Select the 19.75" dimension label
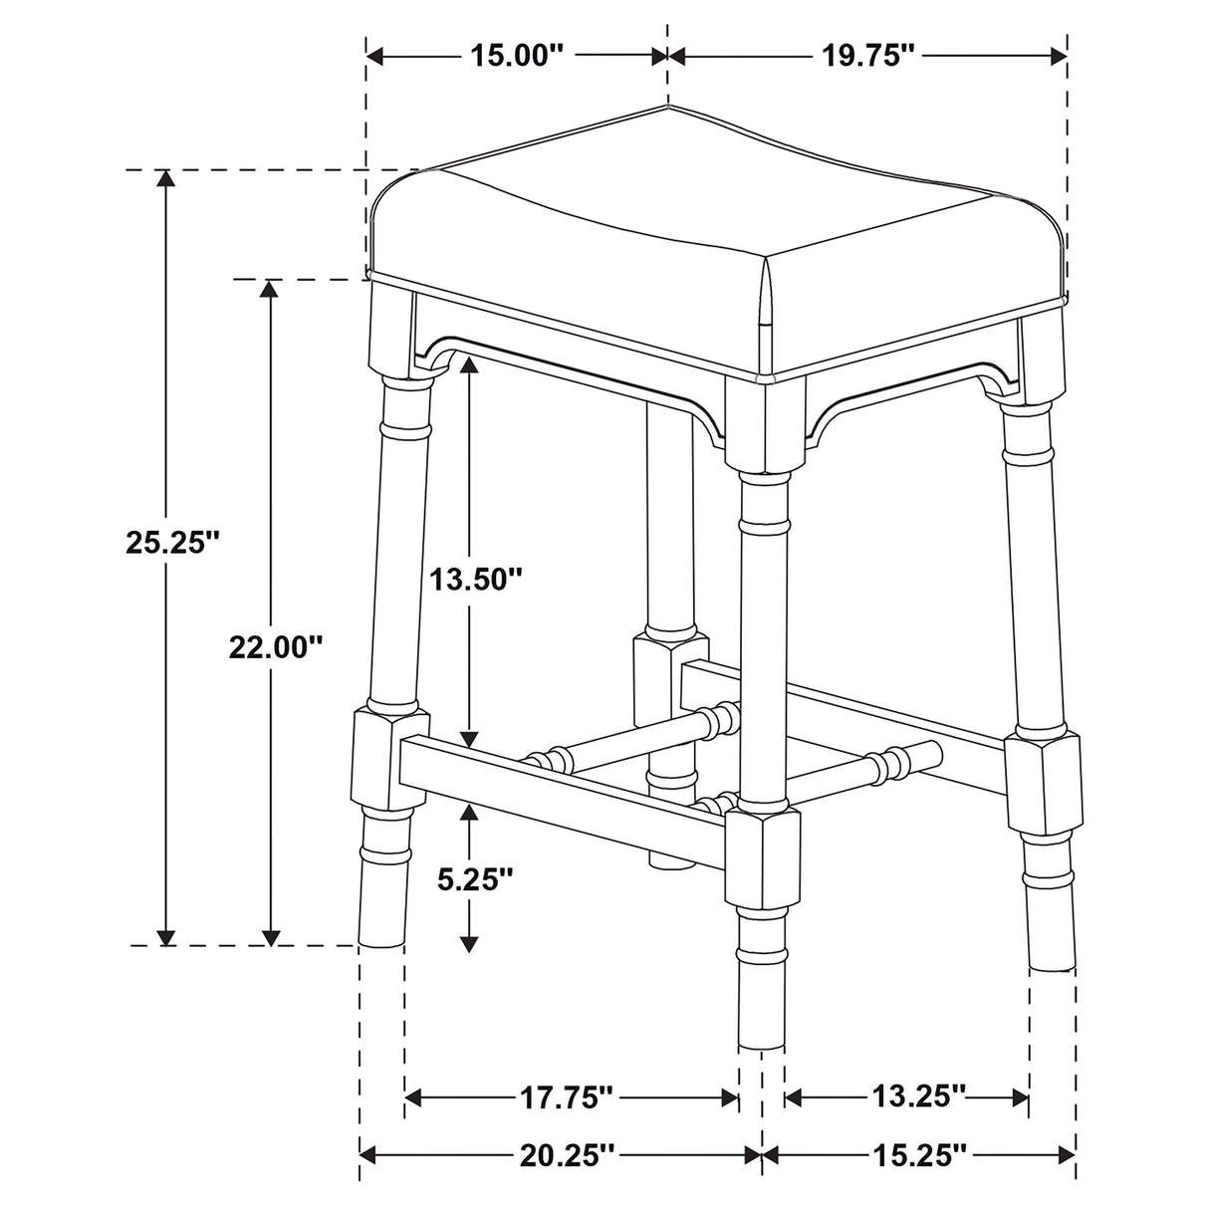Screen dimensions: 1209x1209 (x=867, y=56)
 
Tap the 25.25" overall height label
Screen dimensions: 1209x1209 (x=171, y=543)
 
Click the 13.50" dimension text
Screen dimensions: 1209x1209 (x=475, y=579)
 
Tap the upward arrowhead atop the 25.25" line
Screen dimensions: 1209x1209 (x=165, y=180)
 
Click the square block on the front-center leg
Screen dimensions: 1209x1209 (x=762, y=858)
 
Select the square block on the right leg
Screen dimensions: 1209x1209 (x=1042, y=782)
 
